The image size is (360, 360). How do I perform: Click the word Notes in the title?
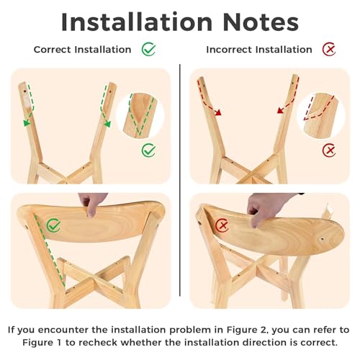pyautogui.click(x=261, y=22)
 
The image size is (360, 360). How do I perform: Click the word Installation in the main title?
pyautogui.click(x=137, y=22)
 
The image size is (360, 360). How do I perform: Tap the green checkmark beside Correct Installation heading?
pyautogui.click(x=148, y=49)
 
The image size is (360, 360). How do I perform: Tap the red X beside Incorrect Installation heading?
pyautogui.click(x=329, y=50)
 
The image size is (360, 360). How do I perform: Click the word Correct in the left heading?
pyautogui.click(x=53, y=50)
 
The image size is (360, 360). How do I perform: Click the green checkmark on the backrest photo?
pyautogui.click(x=53, y=225)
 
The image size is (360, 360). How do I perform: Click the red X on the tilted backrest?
pyautogui.click(x=222, y=225)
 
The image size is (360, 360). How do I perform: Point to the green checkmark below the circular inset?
pyautogui.click(x=148, y=150)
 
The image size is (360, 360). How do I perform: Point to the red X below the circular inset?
pyautogui.click(x=329, y=150)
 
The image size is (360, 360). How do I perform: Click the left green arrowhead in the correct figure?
pyautogui.click(x=27, y=123)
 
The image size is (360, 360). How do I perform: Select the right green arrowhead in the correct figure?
pyautogui.click(x=107, y=124)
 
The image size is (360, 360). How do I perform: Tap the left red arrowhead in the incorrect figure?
pyautogui.click(x=217, y=112)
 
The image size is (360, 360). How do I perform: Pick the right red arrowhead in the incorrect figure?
pyautogui.click(x=281, y=111)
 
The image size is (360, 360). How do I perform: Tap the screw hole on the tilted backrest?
pyautogui.click(x=322, y=239)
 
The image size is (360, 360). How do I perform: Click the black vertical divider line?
pyautogui.click(x=180, y=180)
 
